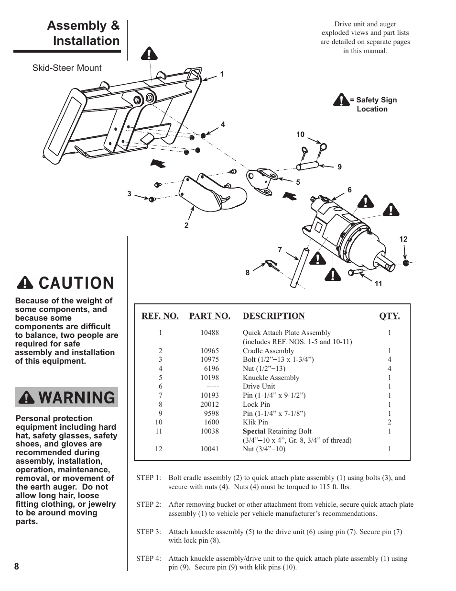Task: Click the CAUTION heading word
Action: coord(76,283)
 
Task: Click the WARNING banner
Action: coord(66,398)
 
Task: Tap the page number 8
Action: coord(17,567)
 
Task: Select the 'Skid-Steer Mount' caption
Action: coord(67,68)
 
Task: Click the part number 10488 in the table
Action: coord(209,333)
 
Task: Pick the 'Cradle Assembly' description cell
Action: coord(268,351)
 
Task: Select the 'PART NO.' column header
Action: coord(209,316)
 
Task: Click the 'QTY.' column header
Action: coord(389,316)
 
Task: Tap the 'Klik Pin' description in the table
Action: coord(255,422)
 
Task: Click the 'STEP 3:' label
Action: coord(149,532)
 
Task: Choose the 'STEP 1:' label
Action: coord(149,478)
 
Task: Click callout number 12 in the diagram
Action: coord(403,239)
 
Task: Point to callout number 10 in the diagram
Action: coord(300,135)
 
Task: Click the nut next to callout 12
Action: coord(406,263)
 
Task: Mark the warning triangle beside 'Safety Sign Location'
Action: coord(341,100)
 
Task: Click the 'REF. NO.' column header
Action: coord(160,316)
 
